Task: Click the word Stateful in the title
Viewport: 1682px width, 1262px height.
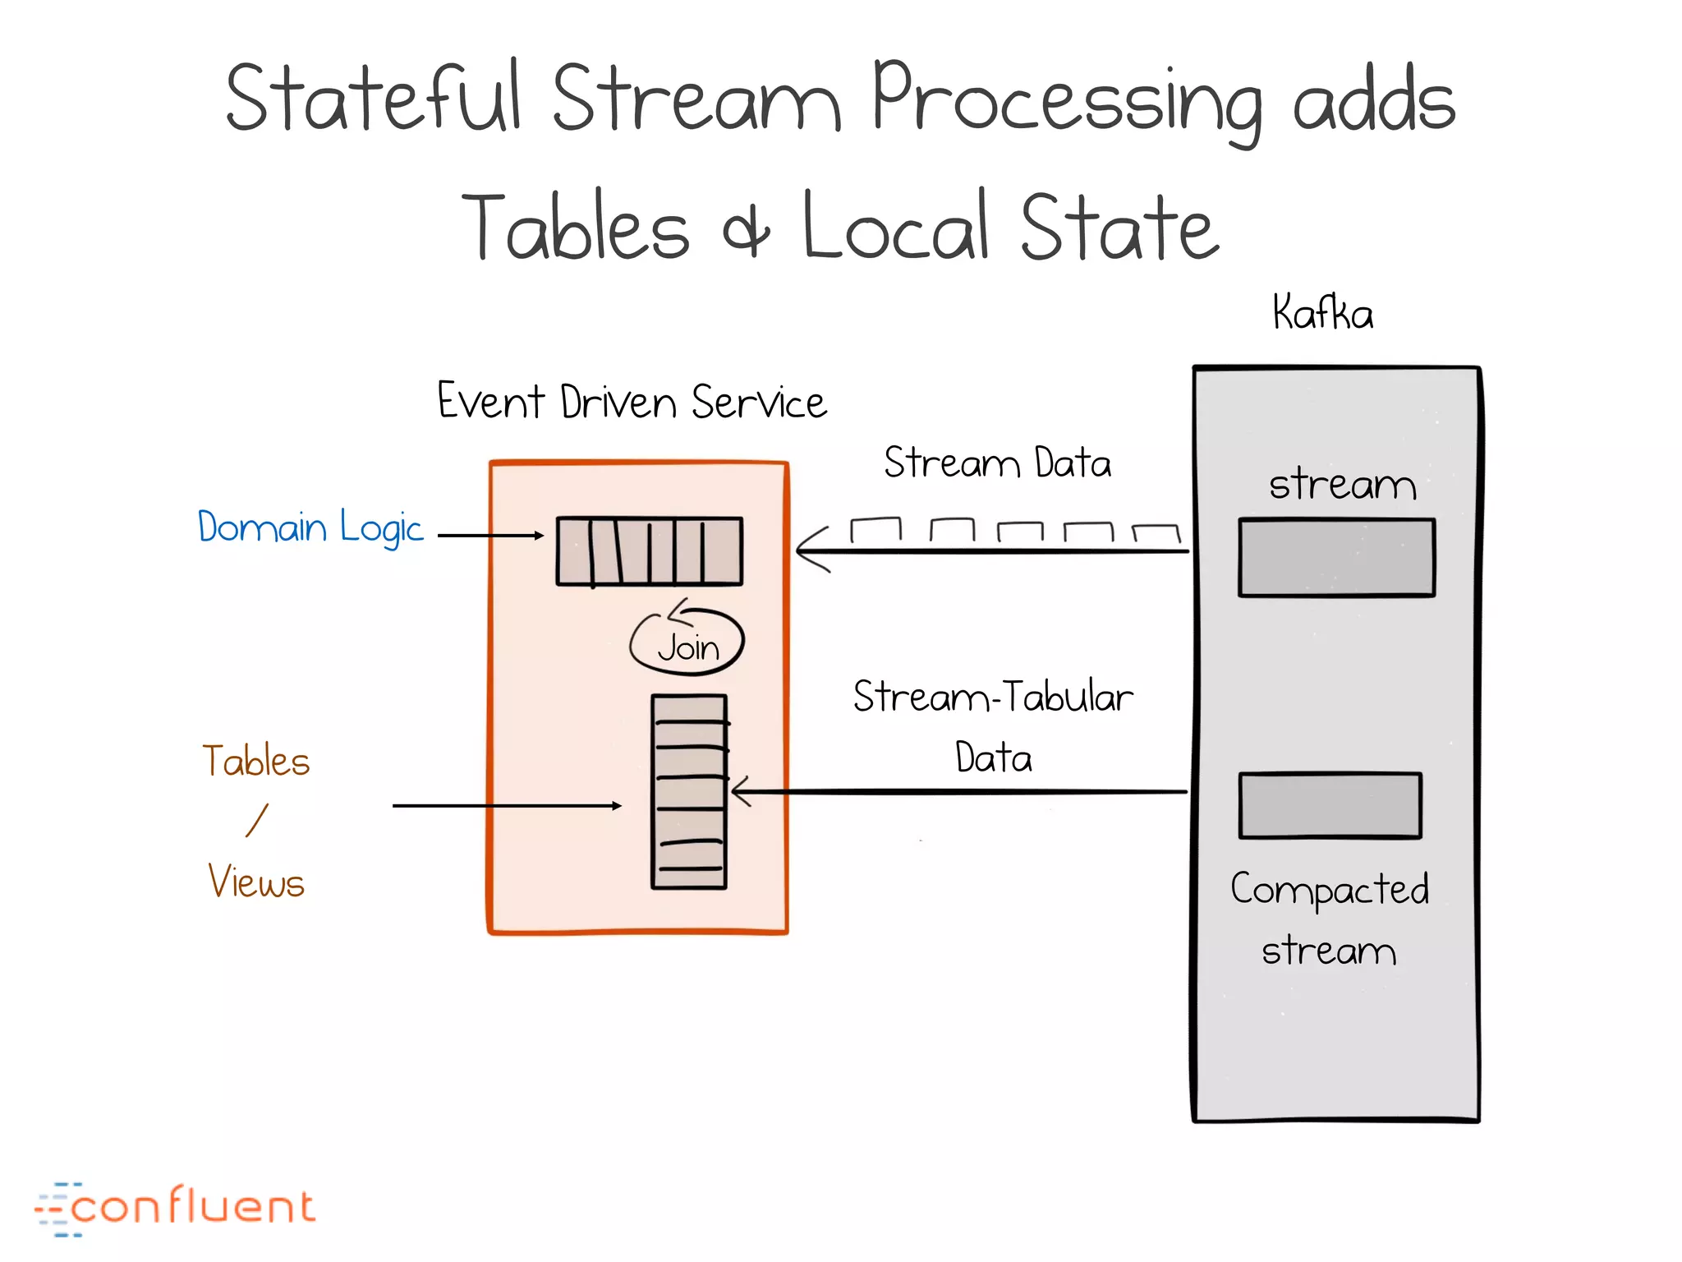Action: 374,99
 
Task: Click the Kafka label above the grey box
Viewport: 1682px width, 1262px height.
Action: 1322,313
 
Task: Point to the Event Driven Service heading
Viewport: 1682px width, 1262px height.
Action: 632,402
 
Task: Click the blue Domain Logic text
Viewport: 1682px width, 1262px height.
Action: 310,527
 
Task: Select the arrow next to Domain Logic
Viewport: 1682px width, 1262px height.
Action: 490,536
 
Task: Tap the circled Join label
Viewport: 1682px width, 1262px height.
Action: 687,647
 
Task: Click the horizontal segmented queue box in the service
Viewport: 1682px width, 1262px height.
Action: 649,550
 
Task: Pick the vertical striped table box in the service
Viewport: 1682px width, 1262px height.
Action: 689,792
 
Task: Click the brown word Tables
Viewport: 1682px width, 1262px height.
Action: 256,761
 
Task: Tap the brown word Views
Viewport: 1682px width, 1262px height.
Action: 256,882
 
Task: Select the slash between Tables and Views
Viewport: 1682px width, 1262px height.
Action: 257,821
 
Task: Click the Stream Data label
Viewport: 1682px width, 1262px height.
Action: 997,463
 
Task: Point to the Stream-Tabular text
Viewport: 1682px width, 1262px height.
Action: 993,697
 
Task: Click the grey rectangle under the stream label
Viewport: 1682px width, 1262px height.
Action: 1336,557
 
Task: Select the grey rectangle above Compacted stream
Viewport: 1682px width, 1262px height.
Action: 1330,805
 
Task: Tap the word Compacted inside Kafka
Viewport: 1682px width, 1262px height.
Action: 1329,890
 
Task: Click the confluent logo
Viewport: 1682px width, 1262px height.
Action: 175,1208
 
